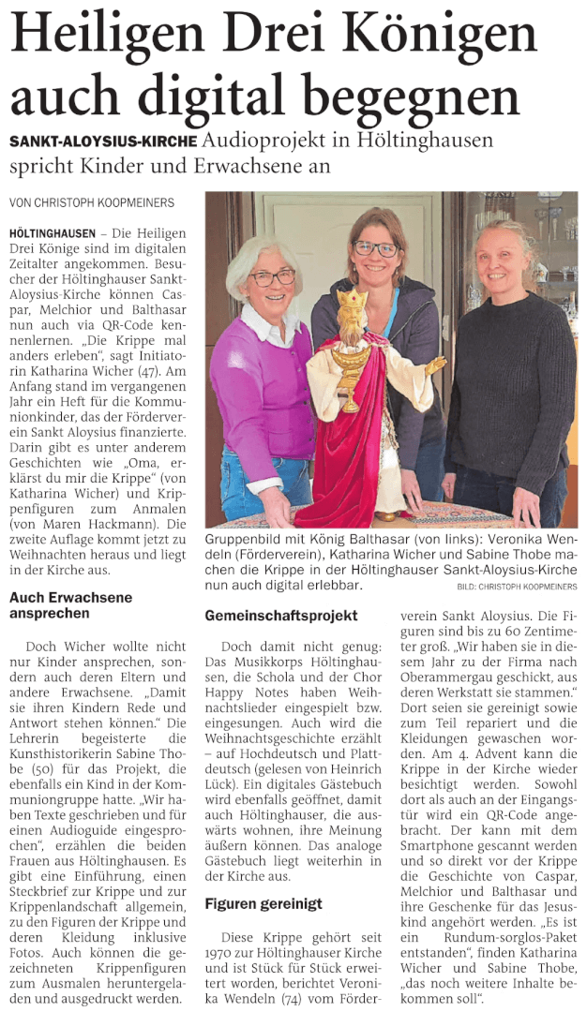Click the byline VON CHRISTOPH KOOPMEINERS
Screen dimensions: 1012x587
(92, 202)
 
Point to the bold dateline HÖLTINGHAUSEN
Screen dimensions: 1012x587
(52, 231)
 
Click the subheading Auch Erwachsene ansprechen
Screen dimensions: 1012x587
(70, 605)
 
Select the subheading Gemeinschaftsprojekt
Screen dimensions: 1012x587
(281, 616)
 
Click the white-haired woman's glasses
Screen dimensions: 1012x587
(272, 277)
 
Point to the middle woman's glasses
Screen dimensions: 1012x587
(376, 248)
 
